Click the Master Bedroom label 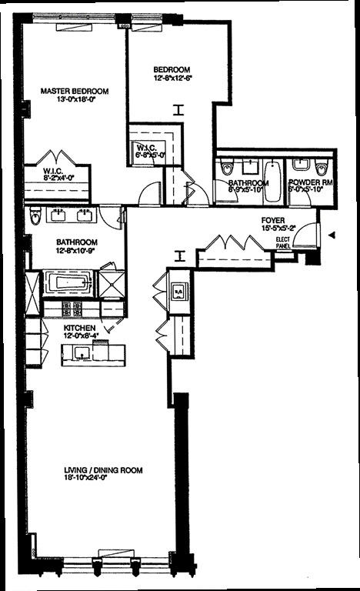tap(74, 91)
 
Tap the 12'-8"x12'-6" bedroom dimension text tap(172, 78)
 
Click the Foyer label tap(252, 220)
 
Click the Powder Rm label tap(309, 183)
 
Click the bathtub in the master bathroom tap(68, 282)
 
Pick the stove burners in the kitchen tap(72, 309)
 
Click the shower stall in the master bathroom tap(112, 282)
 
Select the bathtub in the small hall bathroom tap(272, 181)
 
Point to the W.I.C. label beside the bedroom tap(147, 146)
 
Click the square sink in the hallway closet tap(177, 291)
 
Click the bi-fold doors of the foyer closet tap(234, 245)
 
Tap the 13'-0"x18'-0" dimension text tap(74, 100)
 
